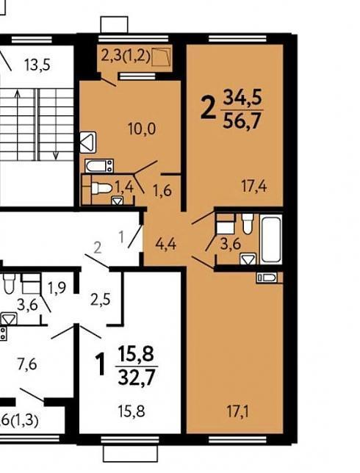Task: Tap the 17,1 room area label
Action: click(237, 412)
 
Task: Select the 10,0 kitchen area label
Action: click(142, 129)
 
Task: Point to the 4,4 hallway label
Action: click(165, 244)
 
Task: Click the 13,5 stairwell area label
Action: click(37, 65)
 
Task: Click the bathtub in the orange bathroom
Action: click(271, 239)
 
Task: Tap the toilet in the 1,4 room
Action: click(101, 189)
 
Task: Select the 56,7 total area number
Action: click(242, 121)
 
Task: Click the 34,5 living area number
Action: click(242, 97)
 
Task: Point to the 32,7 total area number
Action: click(137, 378)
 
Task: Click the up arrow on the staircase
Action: click(18, 124)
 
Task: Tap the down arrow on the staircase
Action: click(56, 124)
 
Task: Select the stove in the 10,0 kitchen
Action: click(99, 166)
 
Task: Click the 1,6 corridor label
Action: click(162, 191)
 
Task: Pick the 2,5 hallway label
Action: click(101, 300)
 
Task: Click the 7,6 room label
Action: click(27, 364)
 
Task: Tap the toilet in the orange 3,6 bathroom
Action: click(248, 223)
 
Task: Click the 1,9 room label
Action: click(57, 288)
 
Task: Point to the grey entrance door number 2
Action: click(98, 248)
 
